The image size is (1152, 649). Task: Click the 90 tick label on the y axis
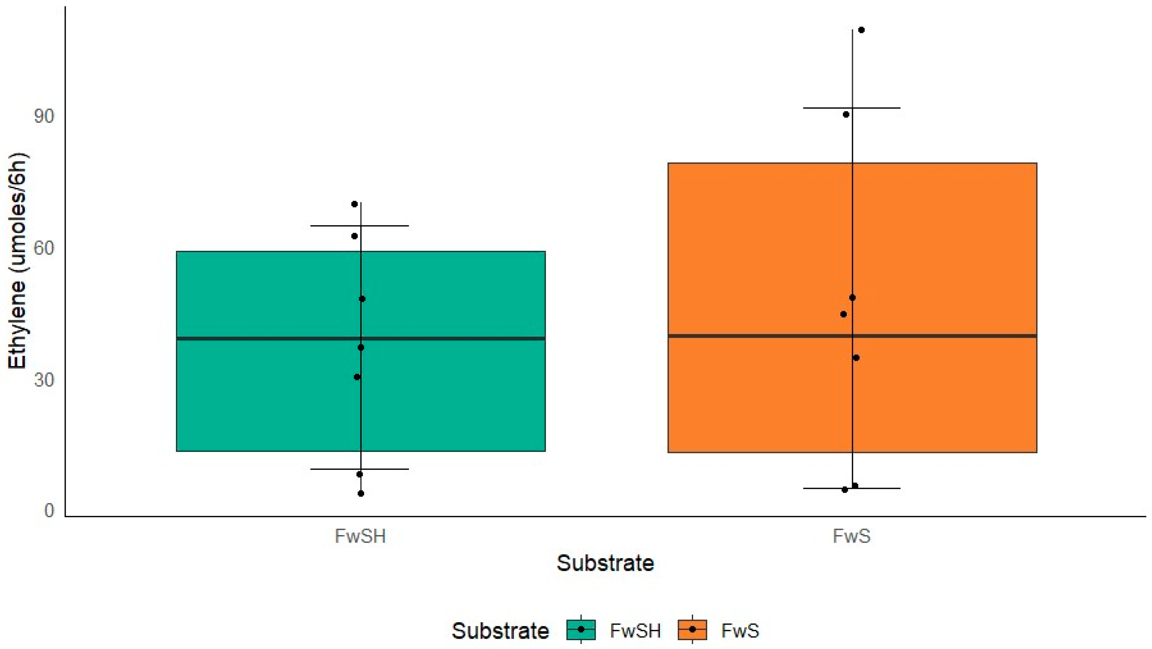(x=44, y=116)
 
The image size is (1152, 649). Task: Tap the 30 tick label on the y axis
(x=44, y=380)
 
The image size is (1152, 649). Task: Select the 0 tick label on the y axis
(x=49, y=511)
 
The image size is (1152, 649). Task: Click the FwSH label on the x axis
(x=360, y=536)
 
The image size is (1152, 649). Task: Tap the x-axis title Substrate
(x=605, y=563)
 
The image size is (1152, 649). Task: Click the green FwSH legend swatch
(x=581, y=630)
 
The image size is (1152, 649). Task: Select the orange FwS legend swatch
(x=692, y=630)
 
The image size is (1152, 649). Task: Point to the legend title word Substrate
(x=500, y=631)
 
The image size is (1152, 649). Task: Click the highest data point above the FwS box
(x=861, y=30)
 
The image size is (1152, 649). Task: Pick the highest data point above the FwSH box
(x=354, y=204)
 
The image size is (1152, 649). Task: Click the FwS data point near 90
(x=846, y=115)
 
